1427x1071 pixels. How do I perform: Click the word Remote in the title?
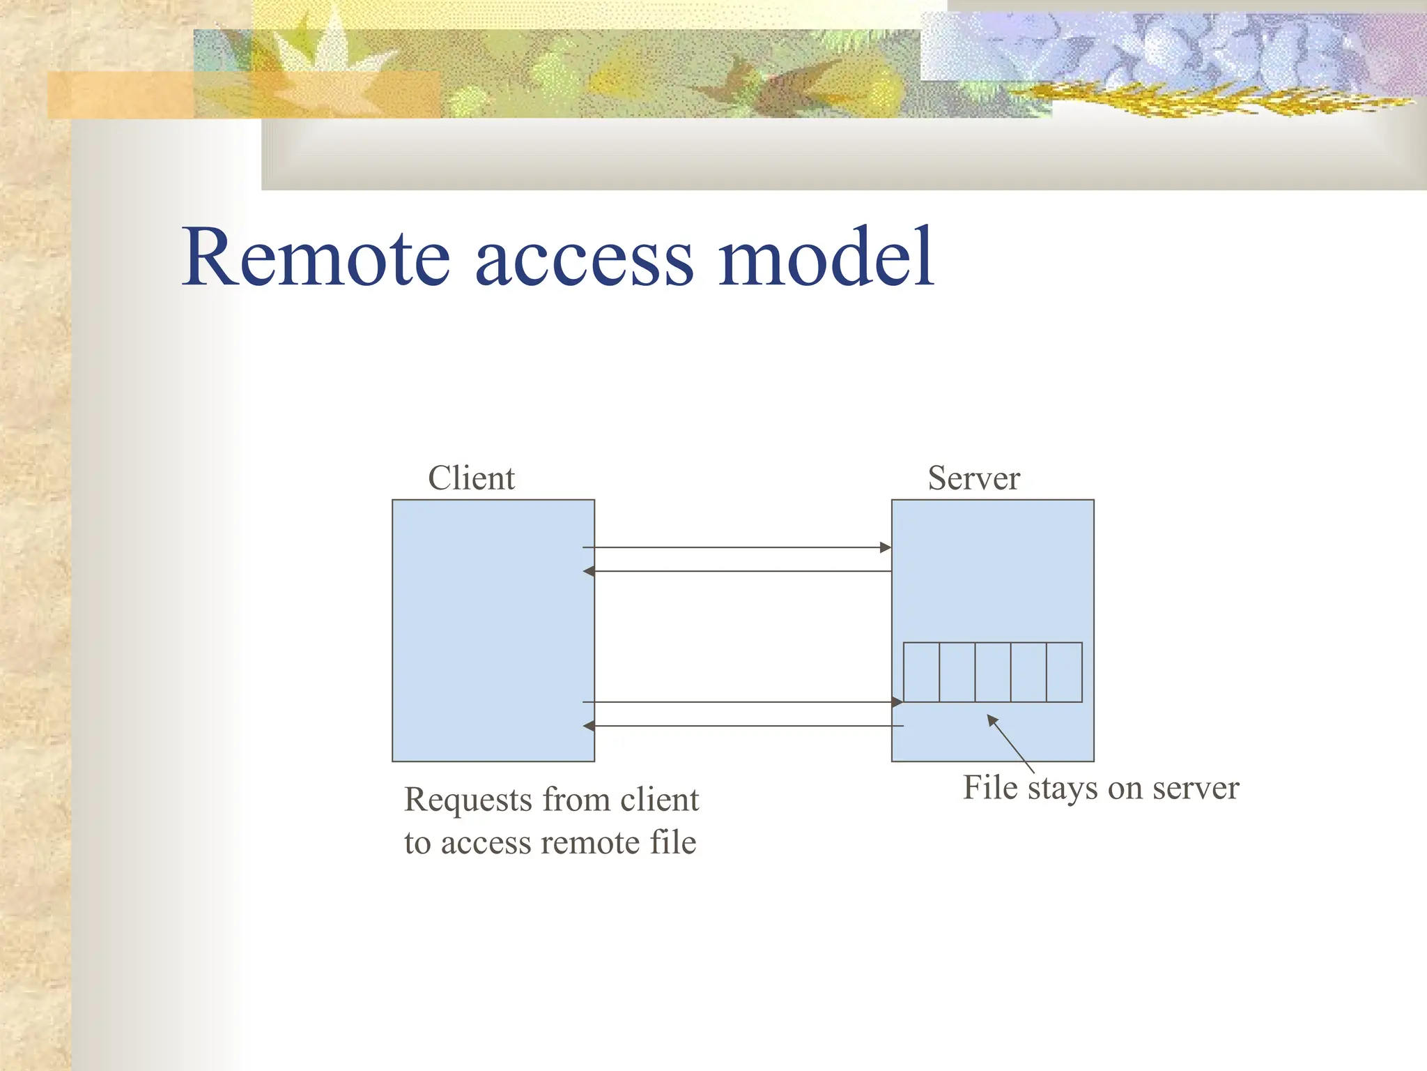(x=317, y=258)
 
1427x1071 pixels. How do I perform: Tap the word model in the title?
(x=826, y=258)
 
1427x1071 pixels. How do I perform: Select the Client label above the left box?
(x=471, y=478)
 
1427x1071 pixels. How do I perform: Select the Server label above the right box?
(x=973, y=478)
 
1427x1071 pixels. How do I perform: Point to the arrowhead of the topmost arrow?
(x=886, y=547)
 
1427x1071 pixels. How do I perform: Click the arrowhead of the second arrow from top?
(x=589, y=571)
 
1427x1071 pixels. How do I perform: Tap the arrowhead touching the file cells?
(x=897, y=701)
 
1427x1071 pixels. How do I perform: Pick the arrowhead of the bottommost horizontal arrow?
(x=589, y=726)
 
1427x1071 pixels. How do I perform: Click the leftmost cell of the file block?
(x=921, y=672)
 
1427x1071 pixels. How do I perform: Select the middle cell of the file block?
(x=992, y=672)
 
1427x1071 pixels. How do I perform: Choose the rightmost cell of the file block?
(x=1064, y=672)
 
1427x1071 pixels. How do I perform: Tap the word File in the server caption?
(x=990, y=788)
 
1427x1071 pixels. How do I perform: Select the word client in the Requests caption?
(x=659, y=800)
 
